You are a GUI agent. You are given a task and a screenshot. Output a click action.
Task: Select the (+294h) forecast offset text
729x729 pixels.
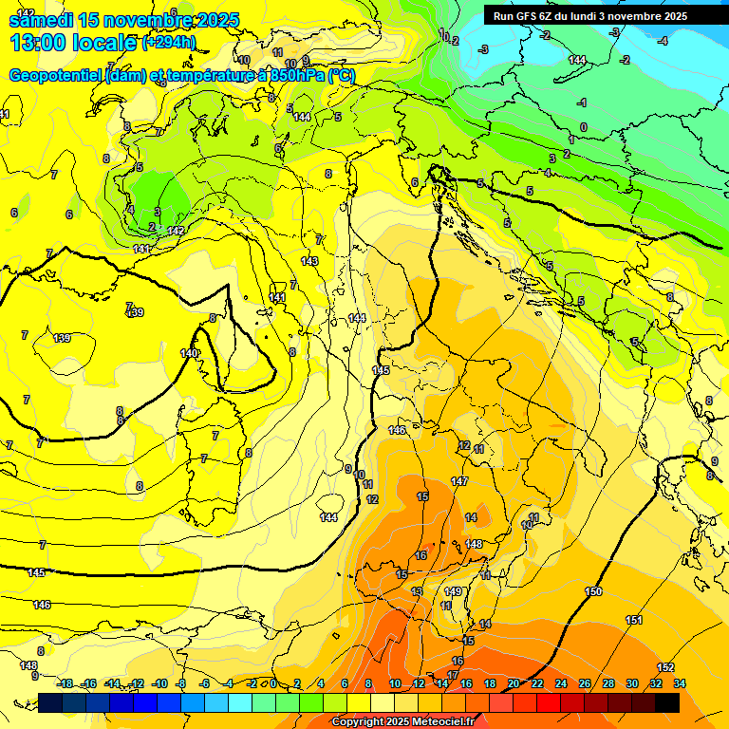[x=169, y=43]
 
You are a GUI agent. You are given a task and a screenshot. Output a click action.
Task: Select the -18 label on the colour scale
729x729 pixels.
[x=65, y=683]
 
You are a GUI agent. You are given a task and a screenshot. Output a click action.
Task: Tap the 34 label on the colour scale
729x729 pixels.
[x=679, y=683]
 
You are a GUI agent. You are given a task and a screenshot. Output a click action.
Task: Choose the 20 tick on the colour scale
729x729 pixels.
[x=513, y=683]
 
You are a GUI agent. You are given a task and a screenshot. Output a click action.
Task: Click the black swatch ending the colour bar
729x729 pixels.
[x=667, y=702]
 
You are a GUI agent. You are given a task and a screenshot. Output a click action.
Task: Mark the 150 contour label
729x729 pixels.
[x=593, y=591]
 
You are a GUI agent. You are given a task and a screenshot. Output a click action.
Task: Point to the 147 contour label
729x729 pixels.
[x=459, y=482]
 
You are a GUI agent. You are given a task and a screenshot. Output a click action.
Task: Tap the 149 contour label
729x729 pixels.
[x=453, y=591]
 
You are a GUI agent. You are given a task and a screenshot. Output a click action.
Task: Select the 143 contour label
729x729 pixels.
[x=309, y=261]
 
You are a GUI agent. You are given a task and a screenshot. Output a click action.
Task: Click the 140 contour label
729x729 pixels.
[x=189, y=353]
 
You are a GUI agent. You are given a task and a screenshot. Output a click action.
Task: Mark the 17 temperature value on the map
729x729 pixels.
[x=453, y=675]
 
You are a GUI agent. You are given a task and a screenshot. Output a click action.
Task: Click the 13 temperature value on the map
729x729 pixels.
[x=416, y=591]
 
